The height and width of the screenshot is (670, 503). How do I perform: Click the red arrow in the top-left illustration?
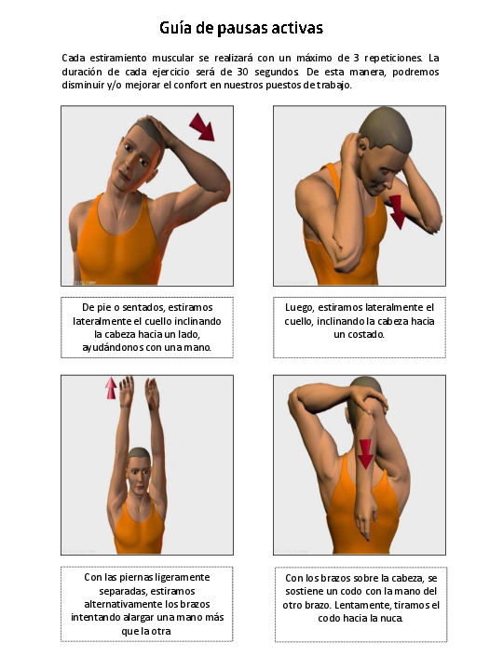coord(201,127)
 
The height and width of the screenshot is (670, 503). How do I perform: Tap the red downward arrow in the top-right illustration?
coord(398,211)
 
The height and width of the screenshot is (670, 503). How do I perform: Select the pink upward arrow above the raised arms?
coord(111,387)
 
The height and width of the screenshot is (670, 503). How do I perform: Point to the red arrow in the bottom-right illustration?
coord(365,454)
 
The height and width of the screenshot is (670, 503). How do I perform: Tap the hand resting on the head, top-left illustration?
coord(158,136)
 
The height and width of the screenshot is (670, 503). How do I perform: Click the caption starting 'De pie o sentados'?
coord(146,327)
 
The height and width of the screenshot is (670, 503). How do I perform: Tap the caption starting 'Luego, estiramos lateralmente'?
coord(359,320)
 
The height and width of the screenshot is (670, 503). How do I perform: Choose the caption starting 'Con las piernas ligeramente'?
coord(146,603)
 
